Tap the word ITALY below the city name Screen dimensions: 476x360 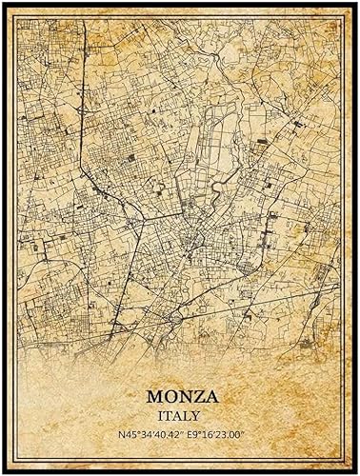coord(180,416)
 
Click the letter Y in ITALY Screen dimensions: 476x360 coord(198,416)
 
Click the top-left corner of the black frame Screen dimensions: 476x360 coord(2,2)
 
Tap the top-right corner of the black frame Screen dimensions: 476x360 coord(357,2)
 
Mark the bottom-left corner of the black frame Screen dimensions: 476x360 coord(2,473)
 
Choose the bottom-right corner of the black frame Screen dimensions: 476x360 coord(357,473)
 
